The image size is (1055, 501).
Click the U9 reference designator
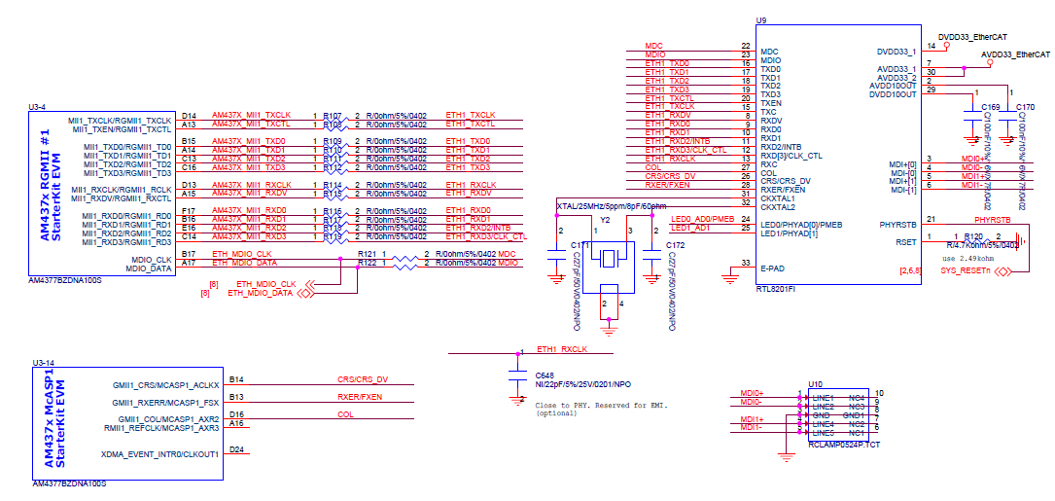(761, 20)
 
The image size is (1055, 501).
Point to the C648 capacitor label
(545, 374)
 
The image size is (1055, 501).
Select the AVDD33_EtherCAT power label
(1015, 55)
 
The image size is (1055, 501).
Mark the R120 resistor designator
(972, 236)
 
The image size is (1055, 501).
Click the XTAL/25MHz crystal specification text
(611, 206)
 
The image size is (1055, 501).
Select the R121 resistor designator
(367, 254)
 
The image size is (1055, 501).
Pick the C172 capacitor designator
(675, 245)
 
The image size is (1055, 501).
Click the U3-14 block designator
(44, 362)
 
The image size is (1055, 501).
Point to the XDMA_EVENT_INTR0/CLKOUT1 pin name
(159, 454)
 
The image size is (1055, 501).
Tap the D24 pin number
(237, 449)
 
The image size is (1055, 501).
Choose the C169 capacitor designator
(990, 106)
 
